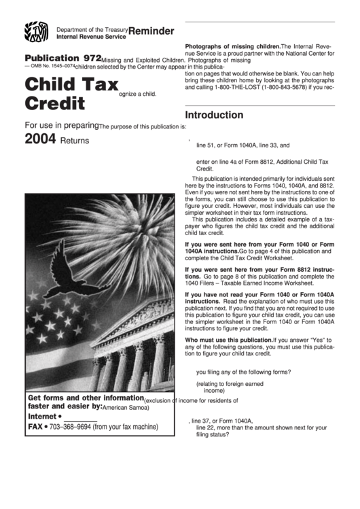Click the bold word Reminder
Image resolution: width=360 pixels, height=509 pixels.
tap(151, 31)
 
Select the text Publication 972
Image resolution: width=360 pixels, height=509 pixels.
tap(62, 59)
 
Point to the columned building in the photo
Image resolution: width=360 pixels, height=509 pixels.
tap(136, 353)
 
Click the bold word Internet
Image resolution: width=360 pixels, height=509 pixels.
tap(42, 416)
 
